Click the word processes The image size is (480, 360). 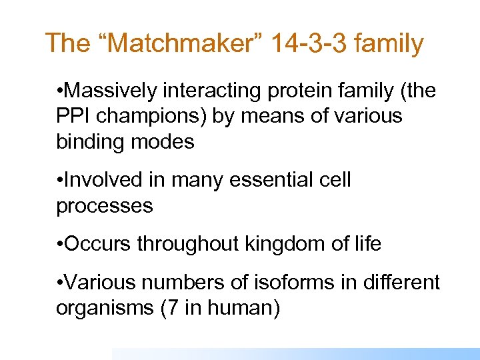coord(105,206)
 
